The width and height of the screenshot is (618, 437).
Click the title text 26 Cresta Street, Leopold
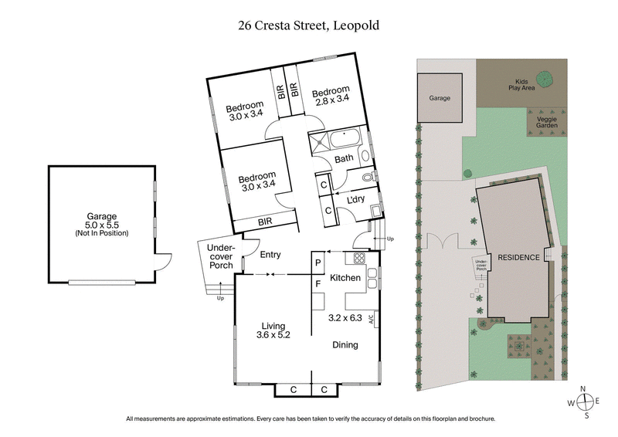(x=309, y=25)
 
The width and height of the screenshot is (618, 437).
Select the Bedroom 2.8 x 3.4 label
(x=331, y=96)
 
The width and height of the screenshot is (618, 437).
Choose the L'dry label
(x=355, y=200)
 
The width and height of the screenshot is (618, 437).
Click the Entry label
(x=270, y=255)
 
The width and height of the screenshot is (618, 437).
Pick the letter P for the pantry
(x=317, y=263)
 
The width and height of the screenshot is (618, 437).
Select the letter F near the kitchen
(x=317, y=283)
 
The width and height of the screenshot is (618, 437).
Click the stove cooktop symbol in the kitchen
(x=358, y=258)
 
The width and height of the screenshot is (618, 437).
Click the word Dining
(x=345, y=345)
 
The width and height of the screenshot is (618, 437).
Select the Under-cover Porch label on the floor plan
(x=221, y=256)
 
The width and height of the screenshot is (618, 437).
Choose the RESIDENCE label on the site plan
(x=517, y=257)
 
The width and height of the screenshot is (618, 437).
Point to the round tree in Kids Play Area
(x=545, y=78)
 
